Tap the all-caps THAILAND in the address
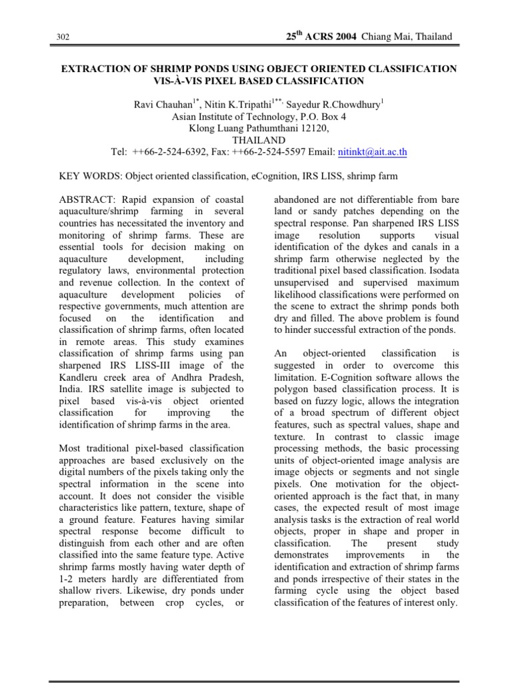point(259,140)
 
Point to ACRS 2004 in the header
point(333,36)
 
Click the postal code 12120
point(313,128)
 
